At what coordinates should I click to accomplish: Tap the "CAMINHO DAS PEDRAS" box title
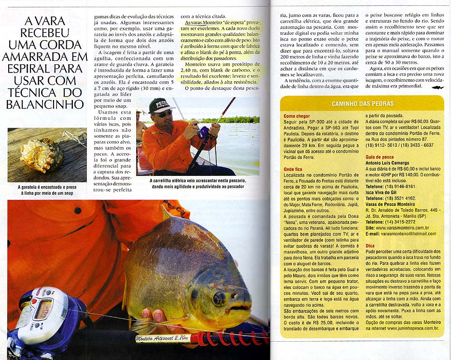coord(363,104)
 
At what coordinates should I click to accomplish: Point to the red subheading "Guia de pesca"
coord(380,157)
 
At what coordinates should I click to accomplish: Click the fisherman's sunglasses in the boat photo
coord(163,114)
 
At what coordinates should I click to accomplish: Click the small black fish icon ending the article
coord(437,87)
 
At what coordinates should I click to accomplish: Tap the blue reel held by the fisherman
coord(203,132)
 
